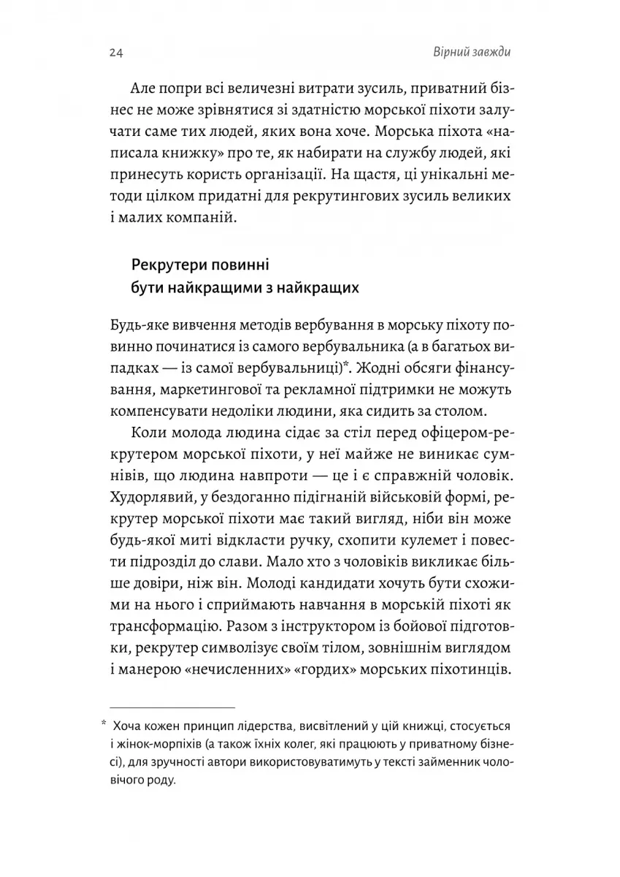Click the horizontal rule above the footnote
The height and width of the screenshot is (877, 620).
point(172,707)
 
